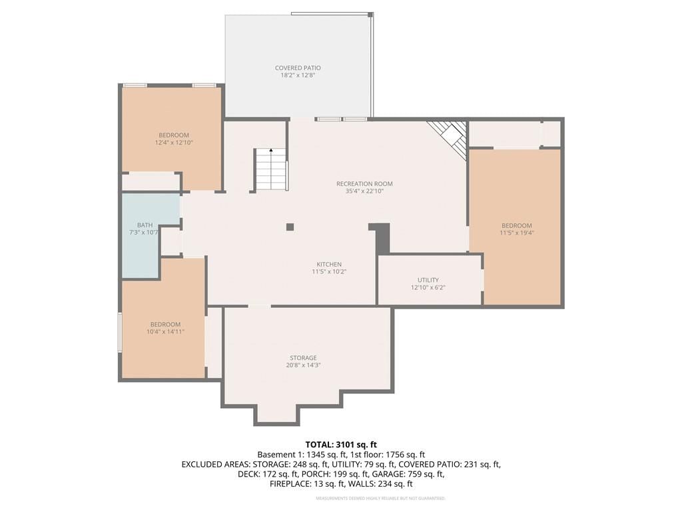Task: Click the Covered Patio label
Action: pyautogui.click(x=298, y=68)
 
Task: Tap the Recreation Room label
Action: pyautogui.click(x=364, y=184)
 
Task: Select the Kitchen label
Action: pyautogui.click(x=329, y=264)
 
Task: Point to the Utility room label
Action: pyautogui.click(x=428, y=280)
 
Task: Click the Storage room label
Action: pyautogui.click(x=303, y=358)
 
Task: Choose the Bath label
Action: pyautogui.click(x=145, y=225)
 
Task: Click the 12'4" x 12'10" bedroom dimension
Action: pyautogui.click(x=174, y=143)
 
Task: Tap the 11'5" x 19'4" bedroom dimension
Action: pyautogui.click(x=517, y=233)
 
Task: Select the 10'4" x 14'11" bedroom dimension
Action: pyautogui.click(x=165, y=332)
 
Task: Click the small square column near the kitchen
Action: pyautogui.click(x=290, y=227)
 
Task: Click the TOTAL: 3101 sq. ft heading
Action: pyautogui.click(x=341, y=445)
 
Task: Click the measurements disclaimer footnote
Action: pyautogui.click(x=380, y=498)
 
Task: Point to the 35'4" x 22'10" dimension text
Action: pyautogui.click(x=364, y=191)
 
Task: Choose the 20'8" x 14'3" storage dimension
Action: pyautogui.click(x=303, y=365)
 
